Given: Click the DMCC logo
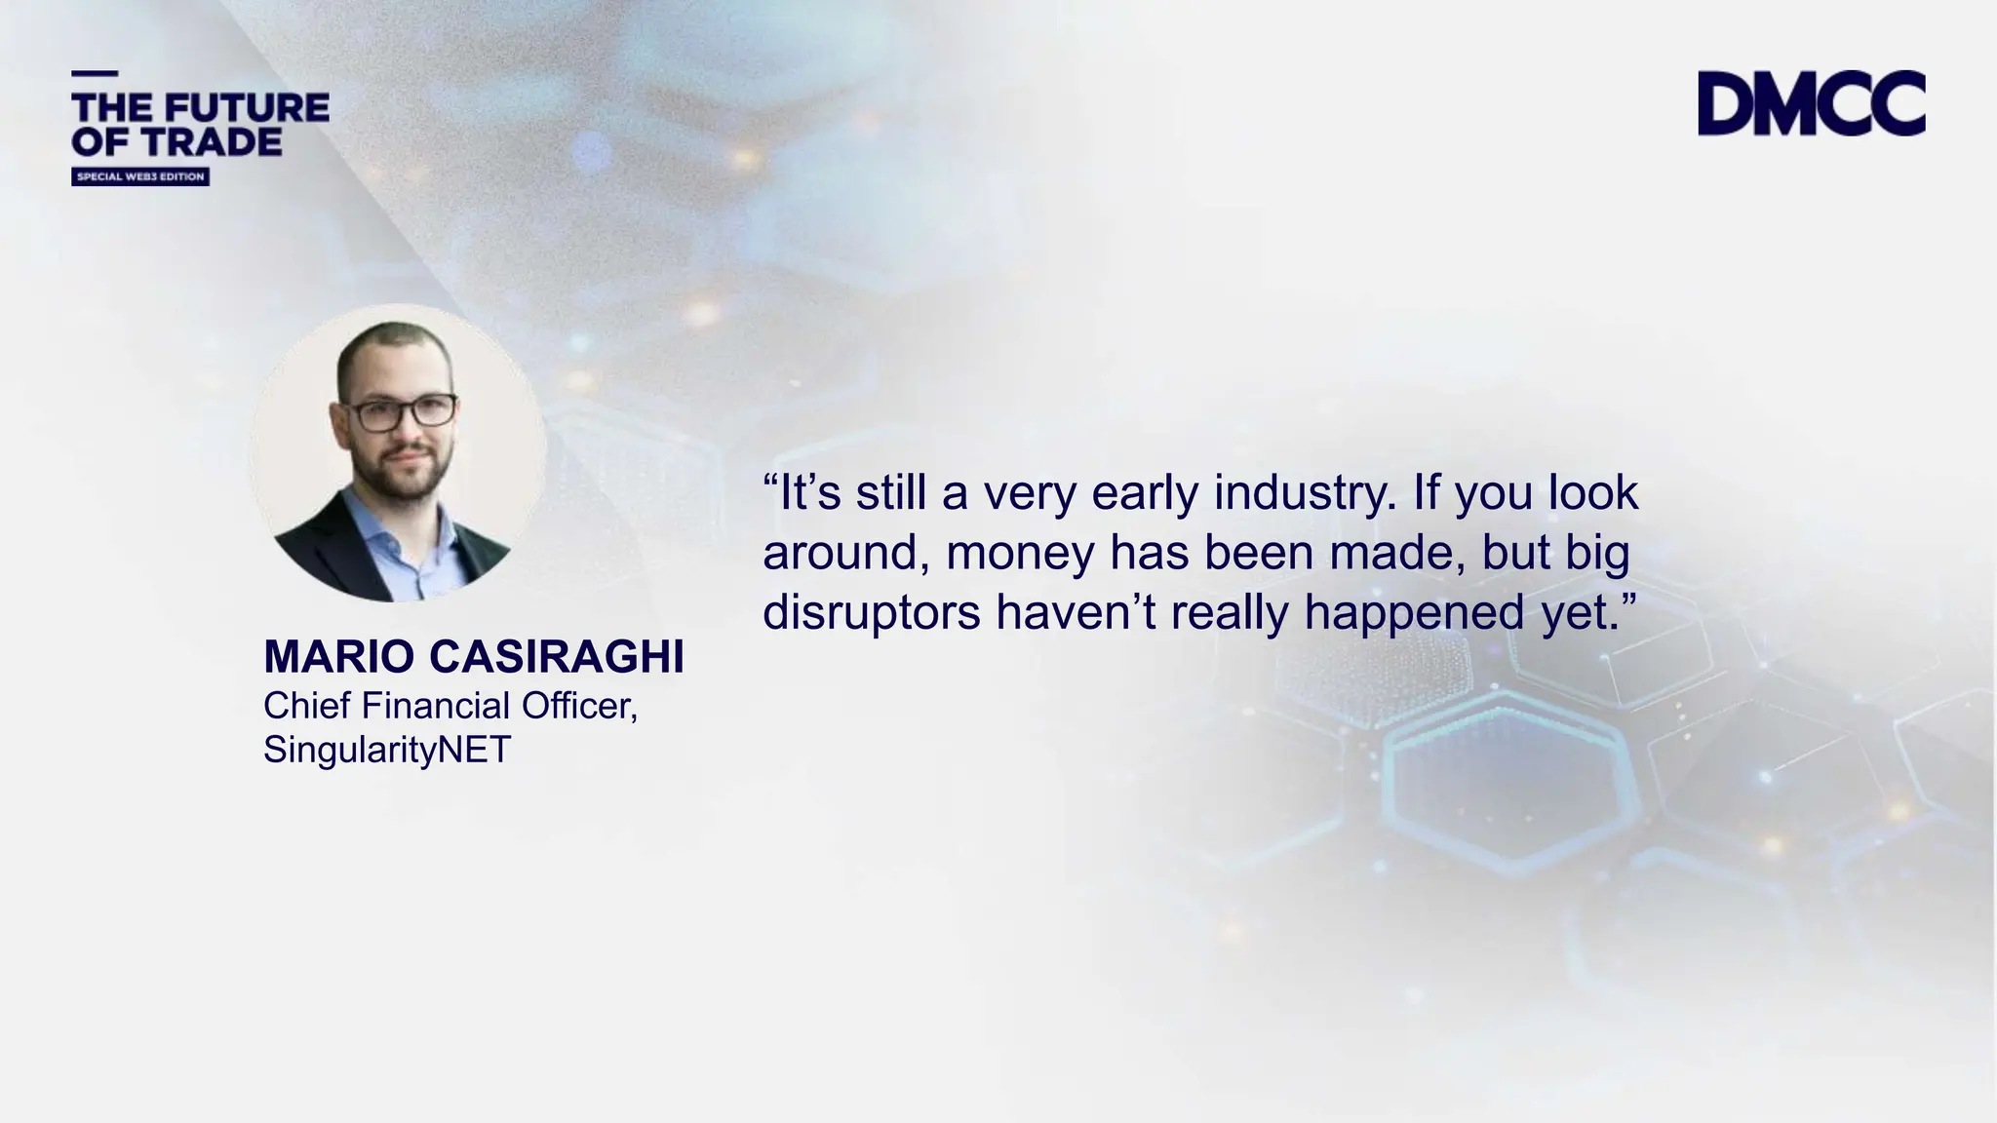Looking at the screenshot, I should pyautogui.click(x=1811, y=102).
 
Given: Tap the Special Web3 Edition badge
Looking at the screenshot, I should pyautogui.click(x=140, y=176).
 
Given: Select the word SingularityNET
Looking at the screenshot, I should pyautogui.click(x=387, y=749).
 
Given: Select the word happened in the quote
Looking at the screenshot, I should pyautogui.click(x=1414, y=614).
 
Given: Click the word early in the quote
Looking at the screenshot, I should pyautogui.click(x=1145, y=494).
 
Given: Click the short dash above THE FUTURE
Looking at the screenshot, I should pyautogui.click(x=95, y=74).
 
